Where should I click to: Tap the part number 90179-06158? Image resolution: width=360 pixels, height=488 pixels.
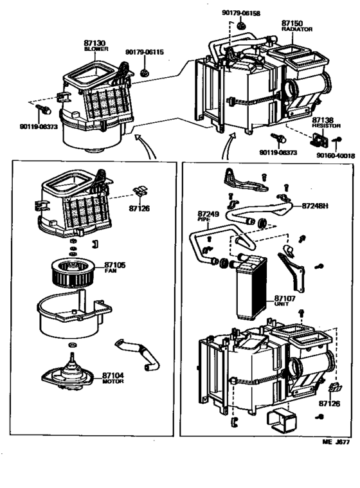[x=242, y=13]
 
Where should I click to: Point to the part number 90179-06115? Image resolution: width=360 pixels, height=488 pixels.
[x=144, y=52]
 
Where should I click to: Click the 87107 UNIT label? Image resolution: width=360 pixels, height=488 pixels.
[x=284, y=300]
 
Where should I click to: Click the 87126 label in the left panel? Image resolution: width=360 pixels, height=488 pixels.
[x=138, y=208]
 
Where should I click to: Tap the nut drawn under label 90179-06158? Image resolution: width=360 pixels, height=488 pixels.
[x=240, y=26]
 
